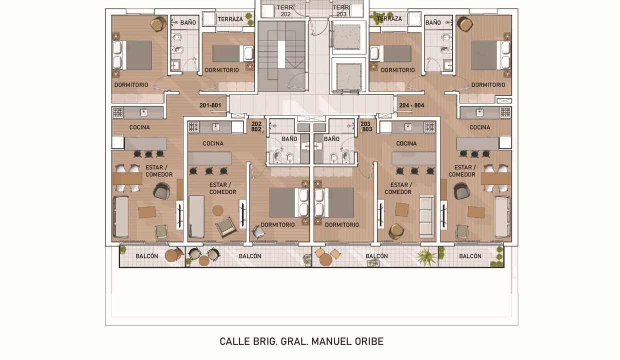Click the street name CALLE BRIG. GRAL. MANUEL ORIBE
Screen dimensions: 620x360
click(x=301, y=341)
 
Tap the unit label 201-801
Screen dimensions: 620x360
click(x=210, y=105)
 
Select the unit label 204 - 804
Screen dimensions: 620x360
click(x=411, y=105)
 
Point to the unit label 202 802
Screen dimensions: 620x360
click(x=256, y=126)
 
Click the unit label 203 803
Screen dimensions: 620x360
click(x=366, y=126)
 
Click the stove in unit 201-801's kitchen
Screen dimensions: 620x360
click(x=118, y=112)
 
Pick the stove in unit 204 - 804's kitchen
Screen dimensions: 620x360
click(x=505, y=112)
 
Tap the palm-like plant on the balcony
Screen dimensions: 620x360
click(x=426, y=257)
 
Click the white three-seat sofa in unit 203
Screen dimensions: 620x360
click(x=427, y=216)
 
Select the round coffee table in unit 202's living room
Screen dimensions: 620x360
click(x=218, y=210)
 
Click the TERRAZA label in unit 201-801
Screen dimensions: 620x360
click(x=230, y=19)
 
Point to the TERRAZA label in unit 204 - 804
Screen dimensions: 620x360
click(x=389, y=18)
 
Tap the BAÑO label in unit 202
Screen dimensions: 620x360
click(x=289, y=139)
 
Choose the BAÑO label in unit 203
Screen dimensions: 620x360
click(x=331, y=139)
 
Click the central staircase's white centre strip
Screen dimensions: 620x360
click(x=281, y=54)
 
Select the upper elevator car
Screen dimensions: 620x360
click(x=347, y=37)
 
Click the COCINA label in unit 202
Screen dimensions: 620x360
click(x=213, y=143)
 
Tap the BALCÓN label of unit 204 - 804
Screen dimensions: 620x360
click(x=470, y=256)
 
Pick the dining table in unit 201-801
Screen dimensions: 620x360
click(x=127, y=178)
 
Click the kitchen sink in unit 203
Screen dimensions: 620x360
click(x=407, y=127)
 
